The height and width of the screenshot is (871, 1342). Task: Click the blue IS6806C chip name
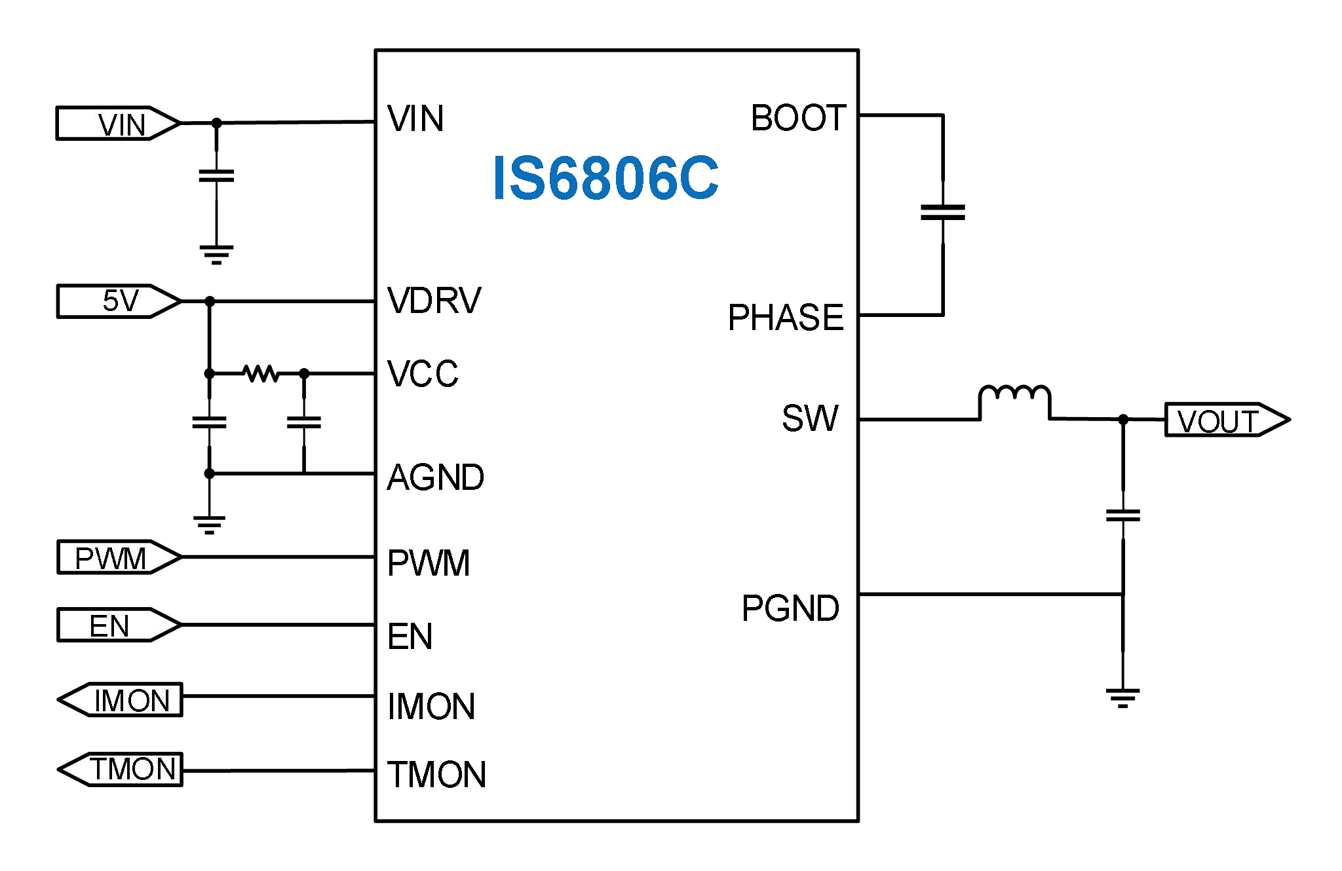605,178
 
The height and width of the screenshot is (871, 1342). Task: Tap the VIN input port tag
118,123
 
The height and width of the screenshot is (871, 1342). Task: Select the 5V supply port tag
118,301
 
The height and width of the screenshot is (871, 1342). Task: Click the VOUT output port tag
1225,420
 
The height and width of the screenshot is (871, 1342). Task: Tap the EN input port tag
118,625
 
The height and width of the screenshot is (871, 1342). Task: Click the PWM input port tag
118,557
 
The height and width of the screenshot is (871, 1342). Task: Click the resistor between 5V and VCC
260,373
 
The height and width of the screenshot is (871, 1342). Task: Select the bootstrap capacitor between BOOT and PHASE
942,212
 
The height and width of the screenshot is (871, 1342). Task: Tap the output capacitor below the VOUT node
1122,515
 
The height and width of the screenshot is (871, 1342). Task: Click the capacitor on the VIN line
216,176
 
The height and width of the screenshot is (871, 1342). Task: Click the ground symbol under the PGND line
1122,697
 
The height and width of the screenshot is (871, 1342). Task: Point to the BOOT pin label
797,118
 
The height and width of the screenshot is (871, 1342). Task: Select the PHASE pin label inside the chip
785,318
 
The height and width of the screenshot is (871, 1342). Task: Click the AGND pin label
435,477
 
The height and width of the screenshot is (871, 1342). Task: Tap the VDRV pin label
434,301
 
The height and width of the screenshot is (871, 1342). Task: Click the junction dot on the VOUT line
1122,419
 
